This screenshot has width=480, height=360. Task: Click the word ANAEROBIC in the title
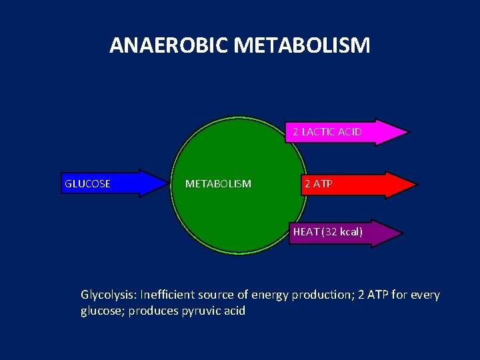[x=170, y=45]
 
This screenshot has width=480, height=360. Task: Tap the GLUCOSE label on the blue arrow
[x=87, y=183]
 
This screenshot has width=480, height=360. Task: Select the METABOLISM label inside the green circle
[x=218, y=183]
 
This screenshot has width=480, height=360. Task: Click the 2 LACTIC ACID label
[x=327, y=132]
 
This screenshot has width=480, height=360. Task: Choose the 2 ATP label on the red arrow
[x=318, y=183]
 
